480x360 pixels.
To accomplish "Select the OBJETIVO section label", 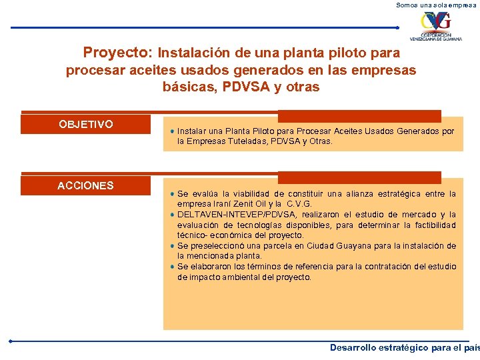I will pos(86,125).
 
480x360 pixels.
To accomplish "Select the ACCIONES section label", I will pos(85,186).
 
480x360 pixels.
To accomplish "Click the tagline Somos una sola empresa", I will pos(437,5).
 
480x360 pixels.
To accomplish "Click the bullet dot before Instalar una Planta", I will pos(172,131).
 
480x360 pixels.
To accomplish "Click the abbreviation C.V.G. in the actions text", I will pos(299,204).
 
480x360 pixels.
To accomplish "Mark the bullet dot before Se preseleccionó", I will pos(172,246).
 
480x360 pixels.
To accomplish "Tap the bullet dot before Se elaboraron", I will pos(172,267).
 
